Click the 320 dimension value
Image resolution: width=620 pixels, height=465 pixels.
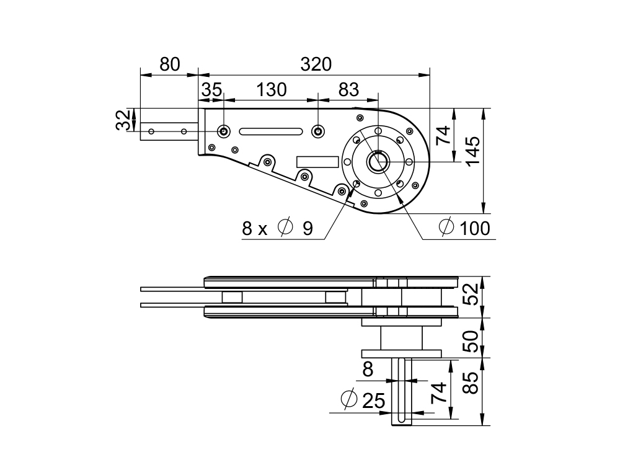[316, 64]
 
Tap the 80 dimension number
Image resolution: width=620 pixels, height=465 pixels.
[169, 64]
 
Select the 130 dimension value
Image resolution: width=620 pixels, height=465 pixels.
[272, 90]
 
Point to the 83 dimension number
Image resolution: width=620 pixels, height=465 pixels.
[348, 90]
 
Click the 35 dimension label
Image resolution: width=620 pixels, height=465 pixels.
[211, 90]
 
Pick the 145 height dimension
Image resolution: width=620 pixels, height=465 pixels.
[473, 151]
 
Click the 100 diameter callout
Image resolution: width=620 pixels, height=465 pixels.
[474, 228]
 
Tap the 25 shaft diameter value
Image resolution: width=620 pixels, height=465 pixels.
[373, 401]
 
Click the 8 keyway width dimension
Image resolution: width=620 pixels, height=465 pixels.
[368, 370]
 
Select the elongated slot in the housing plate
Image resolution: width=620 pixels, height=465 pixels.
[271, 131]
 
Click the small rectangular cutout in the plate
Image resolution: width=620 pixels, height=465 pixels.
[317, 161]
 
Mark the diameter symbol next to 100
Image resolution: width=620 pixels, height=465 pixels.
[446, 228]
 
